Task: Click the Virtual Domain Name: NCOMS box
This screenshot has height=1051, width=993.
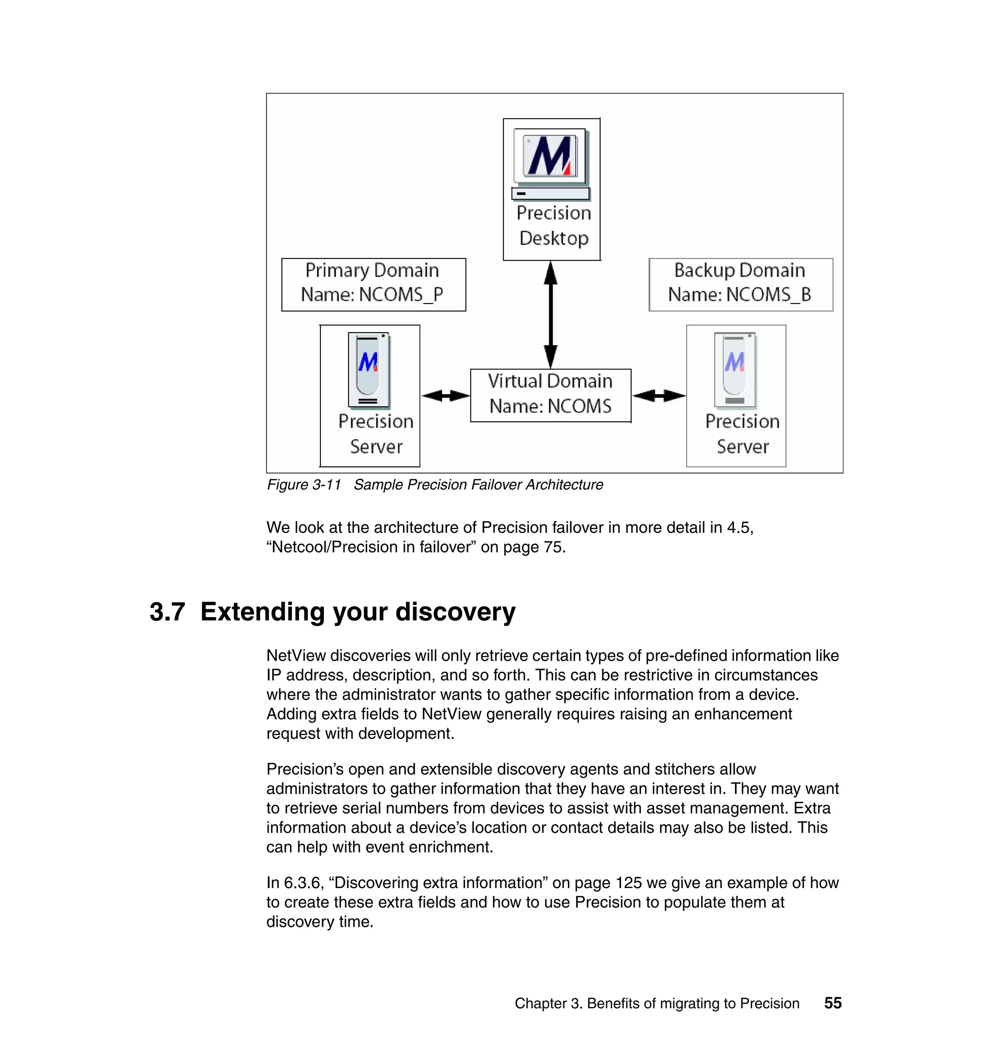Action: [550, 395]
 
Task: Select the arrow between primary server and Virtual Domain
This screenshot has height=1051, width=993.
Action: [445, 395]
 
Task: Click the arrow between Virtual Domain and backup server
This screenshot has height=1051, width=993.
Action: [659, 395]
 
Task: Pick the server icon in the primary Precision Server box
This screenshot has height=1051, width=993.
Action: [369, 370]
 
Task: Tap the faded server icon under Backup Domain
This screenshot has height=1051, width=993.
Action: [735, 370]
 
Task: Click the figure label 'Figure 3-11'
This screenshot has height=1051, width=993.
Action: [304, 485]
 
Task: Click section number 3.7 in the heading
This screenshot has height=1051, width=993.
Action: [167, 612]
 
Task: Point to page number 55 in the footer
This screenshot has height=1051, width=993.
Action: [833, 1003]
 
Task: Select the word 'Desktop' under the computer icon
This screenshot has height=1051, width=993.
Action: [554, 238]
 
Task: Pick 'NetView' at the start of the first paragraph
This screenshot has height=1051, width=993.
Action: [296, 656]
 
